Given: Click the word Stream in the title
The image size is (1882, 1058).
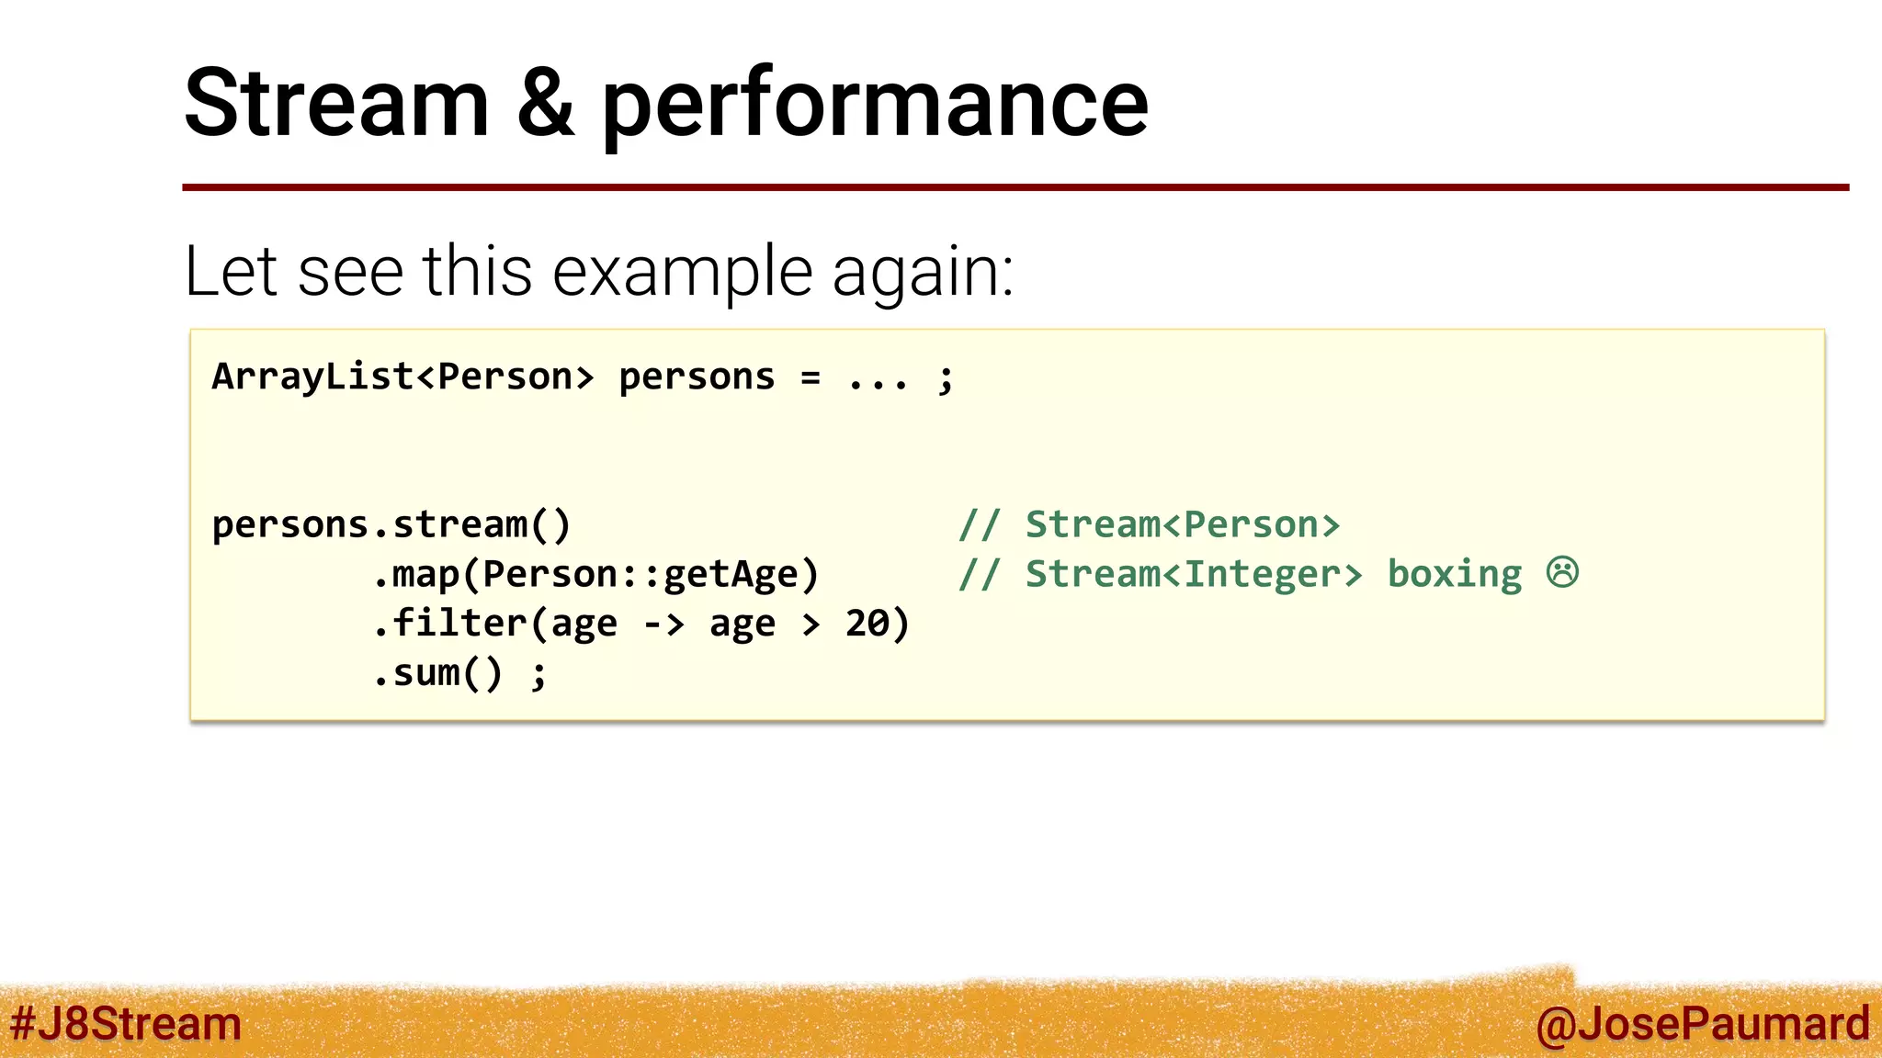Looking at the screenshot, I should tap(336, 103).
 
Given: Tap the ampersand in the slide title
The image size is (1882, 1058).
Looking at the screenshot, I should tap(546, 103).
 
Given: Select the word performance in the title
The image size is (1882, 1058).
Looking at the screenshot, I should tap(874, 108).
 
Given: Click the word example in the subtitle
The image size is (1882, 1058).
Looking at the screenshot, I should tap(683, 273).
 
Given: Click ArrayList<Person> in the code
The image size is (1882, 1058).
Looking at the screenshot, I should tap(402, 377).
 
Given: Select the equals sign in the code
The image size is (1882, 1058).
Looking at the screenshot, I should tap(810, 377).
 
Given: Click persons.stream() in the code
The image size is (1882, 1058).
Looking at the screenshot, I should tap(391, 525).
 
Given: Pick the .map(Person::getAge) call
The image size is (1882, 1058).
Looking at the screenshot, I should tap(595, 575).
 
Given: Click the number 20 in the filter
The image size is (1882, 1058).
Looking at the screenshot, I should tap(867, 624).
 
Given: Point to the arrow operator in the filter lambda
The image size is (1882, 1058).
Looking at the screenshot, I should tap(663, 625).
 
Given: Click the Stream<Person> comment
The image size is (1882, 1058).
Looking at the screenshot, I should tap(1182, 525).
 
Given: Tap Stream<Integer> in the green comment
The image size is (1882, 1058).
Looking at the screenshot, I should tap(1194, 575).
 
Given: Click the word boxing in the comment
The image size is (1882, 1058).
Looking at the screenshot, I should tap(1454, 575).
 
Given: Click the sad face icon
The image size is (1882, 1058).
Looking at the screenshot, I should tap(1562, 572).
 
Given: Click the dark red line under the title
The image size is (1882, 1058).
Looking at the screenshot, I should tap(1015, 187).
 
